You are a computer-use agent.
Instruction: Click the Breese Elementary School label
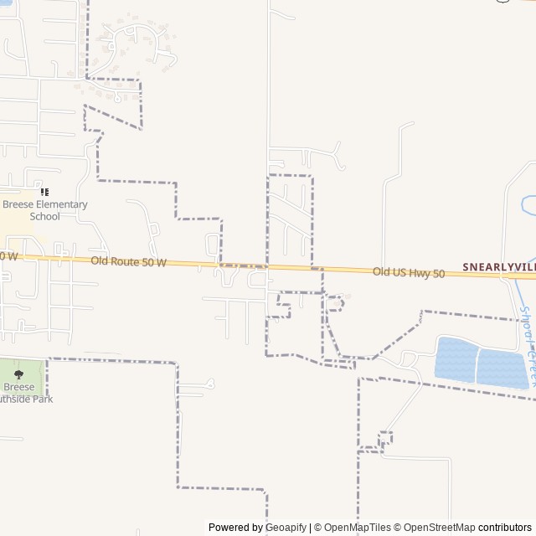tap(44, 210)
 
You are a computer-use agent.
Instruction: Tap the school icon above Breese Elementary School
tap(44, 193)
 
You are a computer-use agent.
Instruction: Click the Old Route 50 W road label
tap(128, 262)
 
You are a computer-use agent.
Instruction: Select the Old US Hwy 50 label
tap(409, 272)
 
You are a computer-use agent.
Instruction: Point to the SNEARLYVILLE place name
tap(499, 267)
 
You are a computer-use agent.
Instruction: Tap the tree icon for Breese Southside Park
tap(18, 374)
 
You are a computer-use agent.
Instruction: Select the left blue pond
tap(455, 359)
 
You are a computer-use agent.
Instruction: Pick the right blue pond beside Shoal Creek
tap(502, 368)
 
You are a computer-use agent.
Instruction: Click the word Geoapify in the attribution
tap(286, 528)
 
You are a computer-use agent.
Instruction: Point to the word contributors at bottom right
tap(505, 528)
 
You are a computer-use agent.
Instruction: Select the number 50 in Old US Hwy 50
tap(437, 273)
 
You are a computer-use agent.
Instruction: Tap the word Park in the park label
tap(64, 399)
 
